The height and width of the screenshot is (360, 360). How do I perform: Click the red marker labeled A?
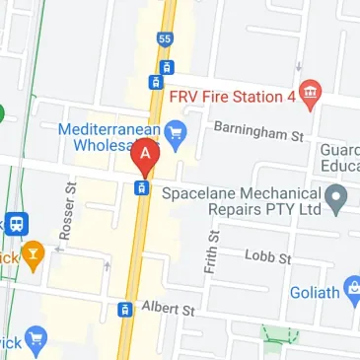tap(146, 154)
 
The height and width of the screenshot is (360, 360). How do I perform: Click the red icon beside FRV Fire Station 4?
tap(312, 94)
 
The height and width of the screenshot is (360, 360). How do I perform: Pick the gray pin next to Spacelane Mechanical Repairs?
tap(337, 200)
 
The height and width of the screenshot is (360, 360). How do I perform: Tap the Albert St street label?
tap(168, 310)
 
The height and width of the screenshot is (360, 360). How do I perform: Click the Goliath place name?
tap(314, 293)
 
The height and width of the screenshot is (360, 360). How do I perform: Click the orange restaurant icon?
tap(36, 256)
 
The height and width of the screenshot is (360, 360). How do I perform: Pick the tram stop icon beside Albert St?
tap(124, 310)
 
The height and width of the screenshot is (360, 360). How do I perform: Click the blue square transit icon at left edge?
tap(15, 224)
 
